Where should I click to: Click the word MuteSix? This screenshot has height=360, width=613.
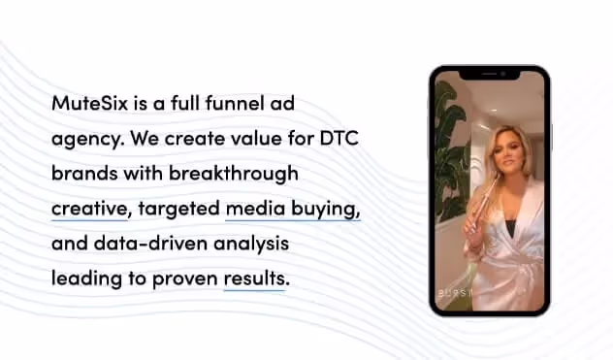point(89,103)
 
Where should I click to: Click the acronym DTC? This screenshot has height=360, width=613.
point(339,138)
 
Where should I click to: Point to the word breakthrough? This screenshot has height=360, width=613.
point(234,174)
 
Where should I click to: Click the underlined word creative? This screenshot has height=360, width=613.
point(90,209)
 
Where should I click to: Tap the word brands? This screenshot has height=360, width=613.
point(84,173)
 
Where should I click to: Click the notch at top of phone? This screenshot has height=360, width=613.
point(489,75)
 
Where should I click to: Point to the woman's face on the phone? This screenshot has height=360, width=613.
point(506,151)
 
